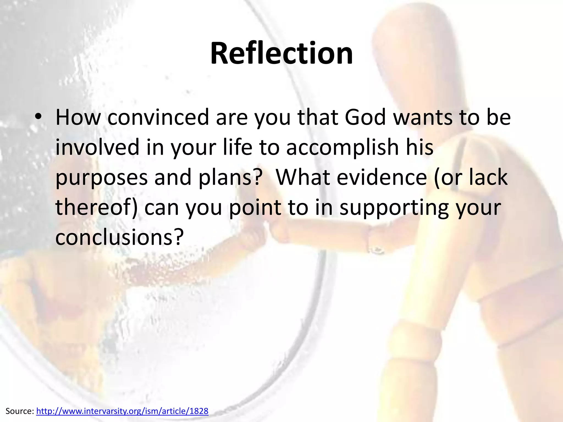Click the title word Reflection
pos(281,54)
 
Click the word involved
pos(97,147)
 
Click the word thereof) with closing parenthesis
pos(96,207)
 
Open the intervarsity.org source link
pos(122,411)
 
